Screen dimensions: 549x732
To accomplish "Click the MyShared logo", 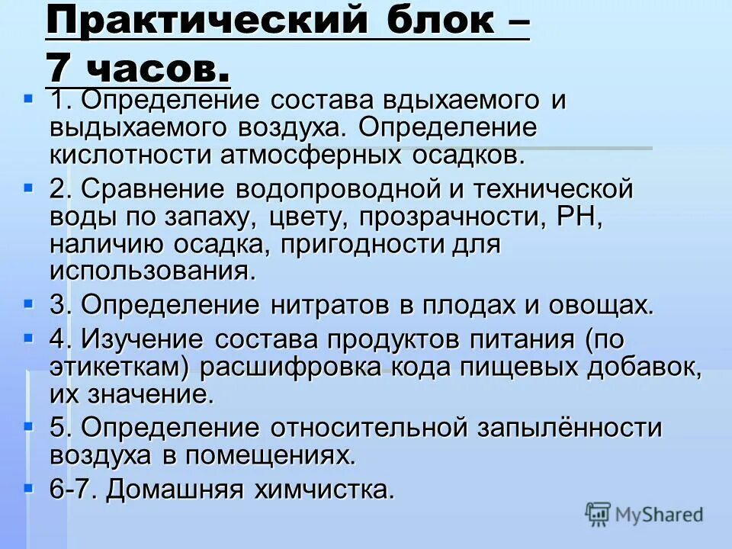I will (x=644, y=514).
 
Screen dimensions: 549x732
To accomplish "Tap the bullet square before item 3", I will (x=29, y=303).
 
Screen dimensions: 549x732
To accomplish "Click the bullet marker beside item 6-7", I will (x=29, y=486).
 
